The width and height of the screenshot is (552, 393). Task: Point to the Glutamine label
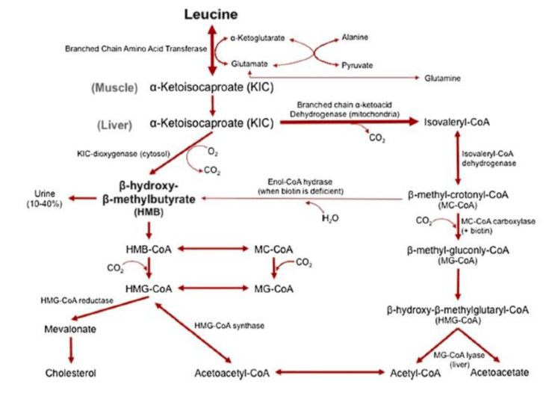pyautogui.click(x=441, y=78)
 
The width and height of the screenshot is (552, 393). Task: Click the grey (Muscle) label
pyautogui.click(x=114, y=87)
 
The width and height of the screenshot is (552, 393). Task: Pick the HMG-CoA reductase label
pyautogui.click(x=74, y=300)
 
